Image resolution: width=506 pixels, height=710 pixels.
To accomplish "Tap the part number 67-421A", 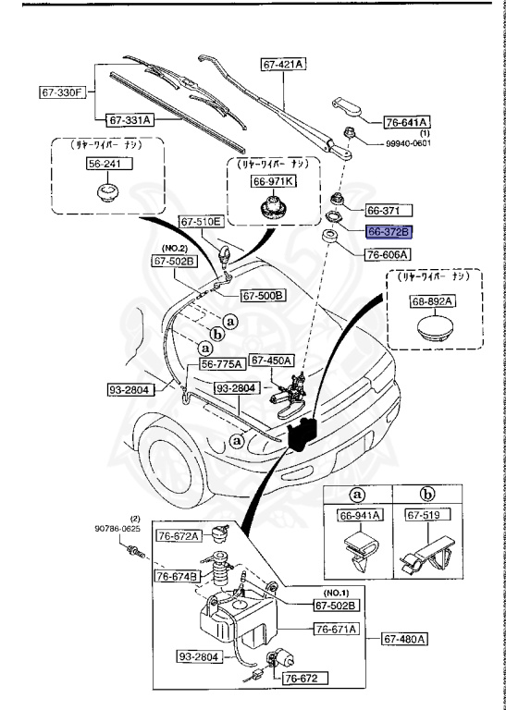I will tap(283, 64).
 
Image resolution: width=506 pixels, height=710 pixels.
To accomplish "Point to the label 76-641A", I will tap(408, 121).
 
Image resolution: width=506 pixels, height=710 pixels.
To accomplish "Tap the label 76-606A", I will tap(388, 253).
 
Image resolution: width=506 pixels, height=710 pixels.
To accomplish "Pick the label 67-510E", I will tap(201, 222).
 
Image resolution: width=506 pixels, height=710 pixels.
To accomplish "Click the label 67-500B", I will tap(263, 296).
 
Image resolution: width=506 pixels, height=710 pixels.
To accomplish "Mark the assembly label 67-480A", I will tap(406, 637).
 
